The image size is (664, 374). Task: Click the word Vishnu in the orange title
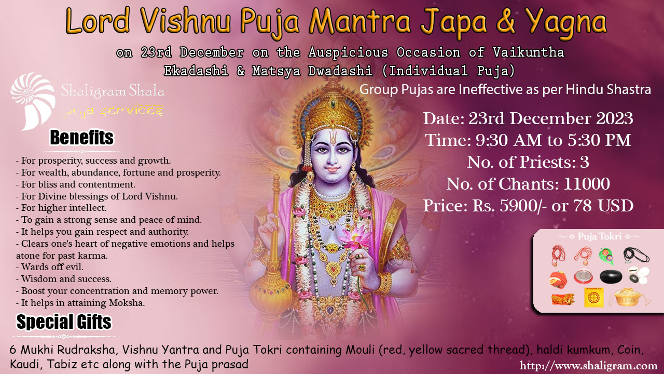pyautogui.click(x=186, y=21)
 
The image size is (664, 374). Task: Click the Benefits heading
pyautogui.click(x=81, y=138)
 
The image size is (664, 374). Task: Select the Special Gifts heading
pyautogui.click(x=64, y=322)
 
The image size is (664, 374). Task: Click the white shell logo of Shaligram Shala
pyautogui.click(x=33, y=101)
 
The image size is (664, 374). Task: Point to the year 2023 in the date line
pyautogui.click(x=615, y=118)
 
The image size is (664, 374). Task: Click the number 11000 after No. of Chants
pyautogui.click(x=587, y=184)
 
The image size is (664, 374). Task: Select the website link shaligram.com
pyautogui.click(x=588, y=365)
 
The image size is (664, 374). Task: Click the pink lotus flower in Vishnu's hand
pyautogui.click(x=355, y=237)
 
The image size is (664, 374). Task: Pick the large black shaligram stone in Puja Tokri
pyautogui.click(x=611, y=277)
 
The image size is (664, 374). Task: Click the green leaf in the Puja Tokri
pyautogui.click(x=606, y=256)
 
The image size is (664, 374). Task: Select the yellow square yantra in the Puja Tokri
pyautogui.click(x=594, y=297)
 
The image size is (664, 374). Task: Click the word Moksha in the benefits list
pyautogui.click(x=127, y=303)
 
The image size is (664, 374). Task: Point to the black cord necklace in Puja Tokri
pyautogui.click(x=636, y=255)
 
